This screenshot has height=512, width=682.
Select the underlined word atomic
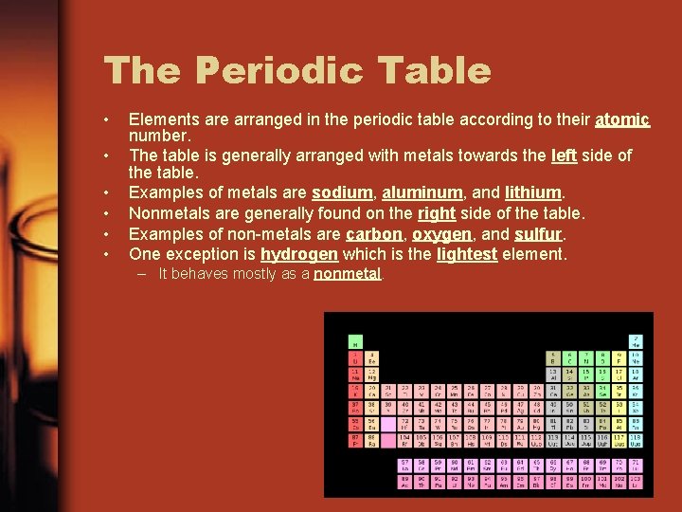tap(622, 120)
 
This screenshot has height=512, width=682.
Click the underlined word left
tap(564, 155)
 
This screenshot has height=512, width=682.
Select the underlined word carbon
tap(373, 233)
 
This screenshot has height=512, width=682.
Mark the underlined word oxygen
tap(440, 233)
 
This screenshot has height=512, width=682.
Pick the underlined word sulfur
tap(536, 233)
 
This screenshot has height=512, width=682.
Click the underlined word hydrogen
tap(298, 254)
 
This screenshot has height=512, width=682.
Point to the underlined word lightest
tap(467, 254)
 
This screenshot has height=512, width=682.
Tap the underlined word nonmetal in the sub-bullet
tap(347, 274)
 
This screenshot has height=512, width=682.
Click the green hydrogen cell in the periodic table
tap(355, 341)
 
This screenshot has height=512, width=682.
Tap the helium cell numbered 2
tap(636, 341)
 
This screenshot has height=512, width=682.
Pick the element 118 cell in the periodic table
tap(636, 440)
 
